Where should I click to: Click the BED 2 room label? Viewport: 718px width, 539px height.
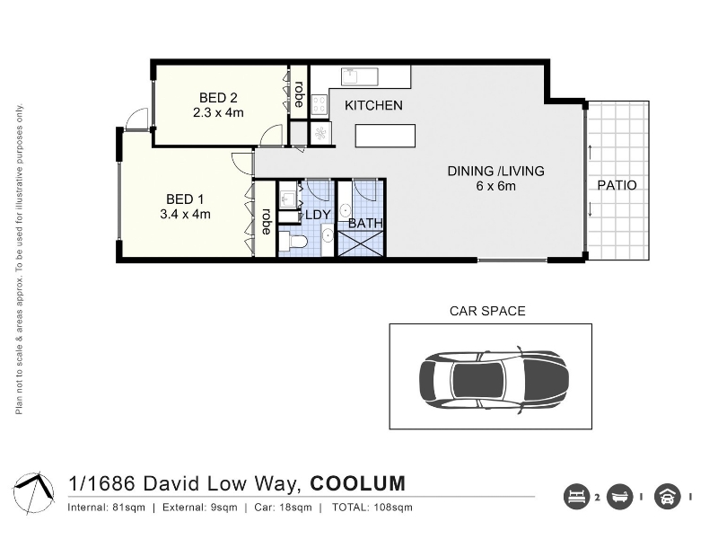point(218,98)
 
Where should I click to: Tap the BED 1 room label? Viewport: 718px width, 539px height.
point(185,199)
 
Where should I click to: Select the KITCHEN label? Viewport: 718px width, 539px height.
point(373,105)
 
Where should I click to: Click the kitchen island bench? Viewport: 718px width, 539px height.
point(385,136)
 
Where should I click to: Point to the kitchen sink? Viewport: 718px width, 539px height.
point(360,76)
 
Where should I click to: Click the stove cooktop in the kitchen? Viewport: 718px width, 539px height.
point(320,104)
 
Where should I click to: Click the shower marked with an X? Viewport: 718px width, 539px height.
point(361,243)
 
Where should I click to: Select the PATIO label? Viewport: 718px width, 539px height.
point(617,185)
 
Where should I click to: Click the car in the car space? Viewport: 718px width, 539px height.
point(494,379)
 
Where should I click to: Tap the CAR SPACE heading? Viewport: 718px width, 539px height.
point(487,311)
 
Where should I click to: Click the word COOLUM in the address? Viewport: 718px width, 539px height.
point(358,483)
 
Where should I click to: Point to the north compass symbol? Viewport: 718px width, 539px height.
point(34,492)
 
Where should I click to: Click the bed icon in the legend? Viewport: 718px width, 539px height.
point(576,497)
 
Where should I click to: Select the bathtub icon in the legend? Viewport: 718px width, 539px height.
point(619,497)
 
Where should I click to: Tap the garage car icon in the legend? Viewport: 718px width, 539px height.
point(667,497)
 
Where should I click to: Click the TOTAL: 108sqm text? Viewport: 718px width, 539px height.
point(372,508)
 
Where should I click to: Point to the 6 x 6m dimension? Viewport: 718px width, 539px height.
point(496,186)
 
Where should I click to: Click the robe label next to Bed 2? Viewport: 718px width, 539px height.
point(299,94)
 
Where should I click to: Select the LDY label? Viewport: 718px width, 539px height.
point(318,215)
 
